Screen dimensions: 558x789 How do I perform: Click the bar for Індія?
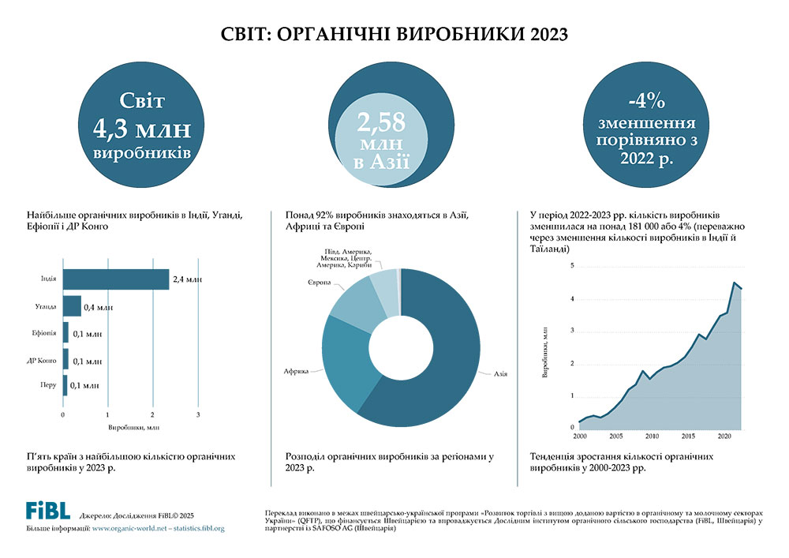(116, 279)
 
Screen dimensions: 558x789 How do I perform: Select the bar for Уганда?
(73, 306)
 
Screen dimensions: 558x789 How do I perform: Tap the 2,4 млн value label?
(188, 279)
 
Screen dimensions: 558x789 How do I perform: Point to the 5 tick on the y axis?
(572, 266)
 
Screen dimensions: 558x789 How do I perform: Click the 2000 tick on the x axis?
(580, 436)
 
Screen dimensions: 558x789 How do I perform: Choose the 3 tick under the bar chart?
(198, 414)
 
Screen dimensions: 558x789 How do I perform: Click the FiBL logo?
(47, 509)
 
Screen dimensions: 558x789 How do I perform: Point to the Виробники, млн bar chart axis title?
(130, 427)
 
